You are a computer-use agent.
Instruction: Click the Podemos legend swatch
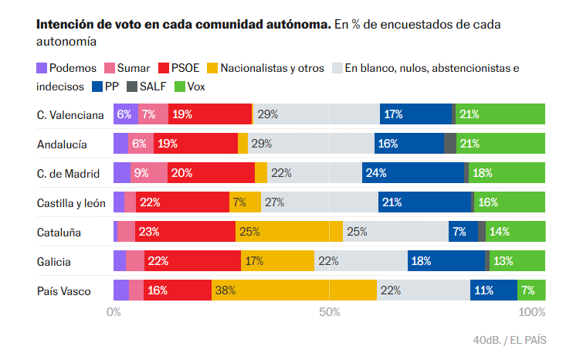(42, 69)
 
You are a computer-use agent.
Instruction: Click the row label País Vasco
(64, 291)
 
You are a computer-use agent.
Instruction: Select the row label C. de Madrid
(70, 173)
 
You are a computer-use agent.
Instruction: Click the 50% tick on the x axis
(330, 313)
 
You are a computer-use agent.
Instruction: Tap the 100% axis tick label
(532, 313)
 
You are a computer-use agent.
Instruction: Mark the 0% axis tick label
(114, 313)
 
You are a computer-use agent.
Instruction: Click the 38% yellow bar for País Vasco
(293, 290)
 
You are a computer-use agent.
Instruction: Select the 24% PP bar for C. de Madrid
(413, 173)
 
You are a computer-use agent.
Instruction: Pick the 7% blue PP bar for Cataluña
(463, 232)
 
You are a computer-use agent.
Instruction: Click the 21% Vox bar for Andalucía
(500, 144)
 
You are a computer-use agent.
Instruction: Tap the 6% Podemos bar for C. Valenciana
(126, 114)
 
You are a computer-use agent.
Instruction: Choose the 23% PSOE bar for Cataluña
(185, 232)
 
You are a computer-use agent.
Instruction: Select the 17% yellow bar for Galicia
(278, 261)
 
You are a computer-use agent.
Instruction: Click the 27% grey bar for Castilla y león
(319, 202)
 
